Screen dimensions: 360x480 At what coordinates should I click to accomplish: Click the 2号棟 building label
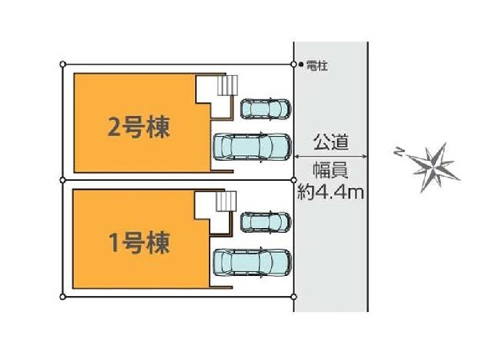coord(138,127)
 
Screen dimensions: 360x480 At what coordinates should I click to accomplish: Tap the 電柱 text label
coord(317,66)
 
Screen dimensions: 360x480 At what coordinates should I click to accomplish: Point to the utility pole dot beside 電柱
coord(300,65)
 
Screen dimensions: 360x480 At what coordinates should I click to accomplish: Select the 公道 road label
coord(331,142)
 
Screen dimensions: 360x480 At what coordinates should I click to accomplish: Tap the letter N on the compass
coord(398,151)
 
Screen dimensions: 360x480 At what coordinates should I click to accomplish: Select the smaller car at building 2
coord(265,108)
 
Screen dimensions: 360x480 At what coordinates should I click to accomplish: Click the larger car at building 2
coord(252,146)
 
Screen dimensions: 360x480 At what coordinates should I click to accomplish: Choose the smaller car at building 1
coord(265,222)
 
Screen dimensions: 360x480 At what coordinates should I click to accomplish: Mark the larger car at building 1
coord(252,262)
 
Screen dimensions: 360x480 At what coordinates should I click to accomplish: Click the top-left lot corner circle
coord(63,63)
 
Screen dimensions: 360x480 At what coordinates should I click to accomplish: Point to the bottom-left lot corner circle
coord(63,297)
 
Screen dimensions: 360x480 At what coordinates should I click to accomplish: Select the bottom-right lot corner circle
coord(293,297)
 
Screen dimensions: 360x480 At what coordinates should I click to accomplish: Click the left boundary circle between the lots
coord(63,179)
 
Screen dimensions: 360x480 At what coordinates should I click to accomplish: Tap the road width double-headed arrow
coord(331,156)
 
